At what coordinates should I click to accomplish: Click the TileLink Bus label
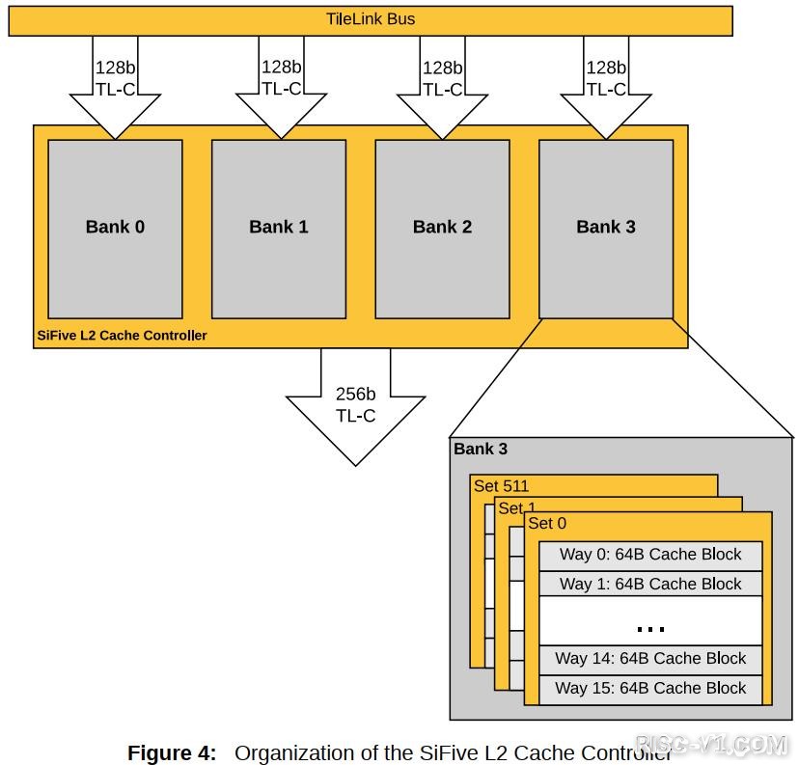click(x=371, y=19)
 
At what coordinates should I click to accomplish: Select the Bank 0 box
click(x=115, y=228)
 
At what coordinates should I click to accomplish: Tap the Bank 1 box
click(x=278, y=228)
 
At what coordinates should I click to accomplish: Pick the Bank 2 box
click(x=442, y=228)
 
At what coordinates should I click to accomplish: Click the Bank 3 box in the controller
click(x=606, y=228)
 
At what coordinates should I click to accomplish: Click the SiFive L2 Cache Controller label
click(x=121, y=336)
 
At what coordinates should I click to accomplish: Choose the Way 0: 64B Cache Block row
click(x=650, y=555)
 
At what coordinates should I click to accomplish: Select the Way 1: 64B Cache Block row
click(x=650, y=584)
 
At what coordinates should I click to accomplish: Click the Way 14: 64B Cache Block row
click(x=650, y=659)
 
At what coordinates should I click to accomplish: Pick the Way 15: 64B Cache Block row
click(x=650, y=688)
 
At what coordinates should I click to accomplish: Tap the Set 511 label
click(x=502, y=486)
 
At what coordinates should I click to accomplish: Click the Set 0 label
click(x=548, y=524)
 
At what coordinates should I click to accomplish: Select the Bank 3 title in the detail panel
click(x=481, y=449)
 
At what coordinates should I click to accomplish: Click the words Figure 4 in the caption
click(x=172, y=752)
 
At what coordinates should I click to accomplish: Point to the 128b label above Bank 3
click(x=606, y=68)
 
